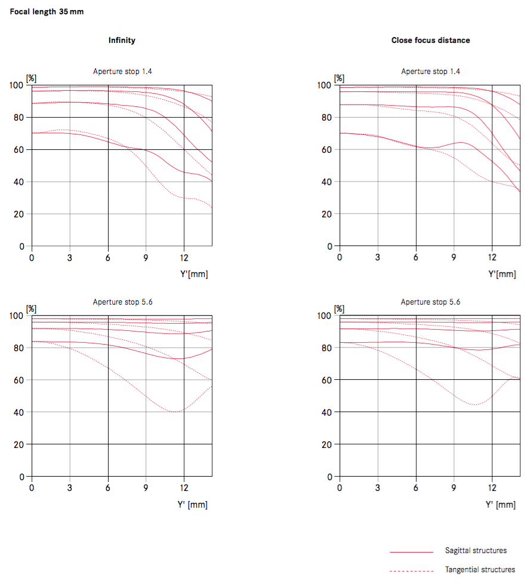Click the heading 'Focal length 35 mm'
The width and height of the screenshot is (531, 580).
click(47, 12)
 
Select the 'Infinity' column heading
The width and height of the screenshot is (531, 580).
click(122, 40)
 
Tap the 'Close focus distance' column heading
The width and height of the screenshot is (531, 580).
click(430, 40)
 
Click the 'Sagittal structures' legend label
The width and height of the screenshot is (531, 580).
click(476, 550)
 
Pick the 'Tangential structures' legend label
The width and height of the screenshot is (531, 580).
click(480, 570)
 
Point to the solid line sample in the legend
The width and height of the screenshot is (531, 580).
click(411, 551)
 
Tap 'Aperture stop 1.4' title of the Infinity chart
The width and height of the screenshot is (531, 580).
click(122, 72)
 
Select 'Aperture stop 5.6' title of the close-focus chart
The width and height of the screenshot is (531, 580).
click(430, 302)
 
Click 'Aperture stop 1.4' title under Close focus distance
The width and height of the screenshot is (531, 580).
click(430, 72)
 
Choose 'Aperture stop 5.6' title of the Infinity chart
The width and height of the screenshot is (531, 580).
click(122, 302)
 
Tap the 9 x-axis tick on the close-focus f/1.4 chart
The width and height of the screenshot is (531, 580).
click(454, 257)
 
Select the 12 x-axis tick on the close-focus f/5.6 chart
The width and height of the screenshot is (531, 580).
click(492, 488)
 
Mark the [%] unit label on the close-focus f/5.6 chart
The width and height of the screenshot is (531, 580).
click(339, 309)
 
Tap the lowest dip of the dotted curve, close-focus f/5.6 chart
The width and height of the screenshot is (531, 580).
click(474, 404)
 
